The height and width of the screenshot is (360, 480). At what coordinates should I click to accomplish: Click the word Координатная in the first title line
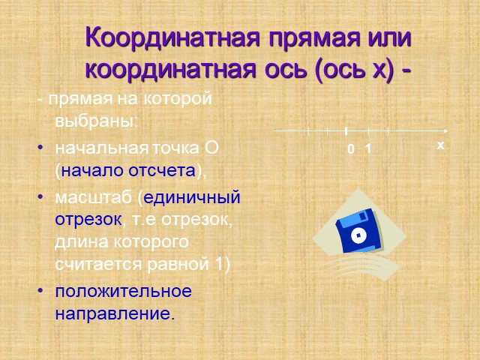(x=172, y=37)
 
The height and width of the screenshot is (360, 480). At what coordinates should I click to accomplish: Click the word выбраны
(x=94, y=121)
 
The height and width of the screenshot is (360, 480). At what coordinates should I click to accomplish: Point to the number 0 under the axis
(x=351, y=149)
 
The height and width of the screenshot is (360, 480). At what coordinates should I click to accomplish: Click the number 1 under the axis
(x=368, y=148)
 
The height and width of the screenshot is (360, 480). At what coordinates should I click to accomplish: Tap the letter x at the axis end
(x=440, y=145)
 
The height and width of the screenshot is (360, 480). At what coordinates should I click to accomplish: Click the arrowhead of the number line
(x=445, y=131)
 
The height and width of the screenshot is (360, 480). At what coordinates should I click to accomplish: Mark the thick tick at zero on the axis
(x=346, y=132)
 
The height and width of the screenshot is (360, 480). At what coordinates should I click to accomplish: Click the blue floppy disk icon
(x=358, y=231)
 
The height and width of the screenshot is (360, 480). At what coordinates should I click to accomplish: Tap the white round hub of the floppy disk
(x=358, y=235)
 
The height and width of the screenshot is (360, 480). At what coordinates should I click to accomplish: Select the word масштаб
(x=93, y=198)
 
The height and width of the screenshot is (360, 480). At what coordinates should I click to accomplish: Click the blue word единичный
(x=192, y=197)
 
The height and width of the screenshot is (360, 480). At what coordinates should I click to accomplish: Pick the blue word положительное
(x=123, y=291)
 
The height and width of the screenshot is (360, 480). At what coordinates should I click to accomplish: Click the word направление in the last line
(x=115, y=313)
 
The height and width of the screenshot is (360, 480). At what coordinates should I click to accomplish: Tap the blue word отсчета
(x=162, y=170)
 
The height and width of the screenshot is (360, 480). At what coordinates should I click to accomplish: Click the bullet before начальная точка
(x=40, y=148)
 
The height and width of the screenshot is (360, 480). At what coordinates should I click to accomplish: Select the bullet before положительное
(x=40, y=289)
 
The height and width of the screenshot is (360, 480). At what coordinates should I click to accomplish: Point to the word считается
(x=98, y=265)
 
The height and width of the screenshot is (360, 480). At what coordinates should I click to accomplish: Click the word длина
(x=82, y=242)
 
